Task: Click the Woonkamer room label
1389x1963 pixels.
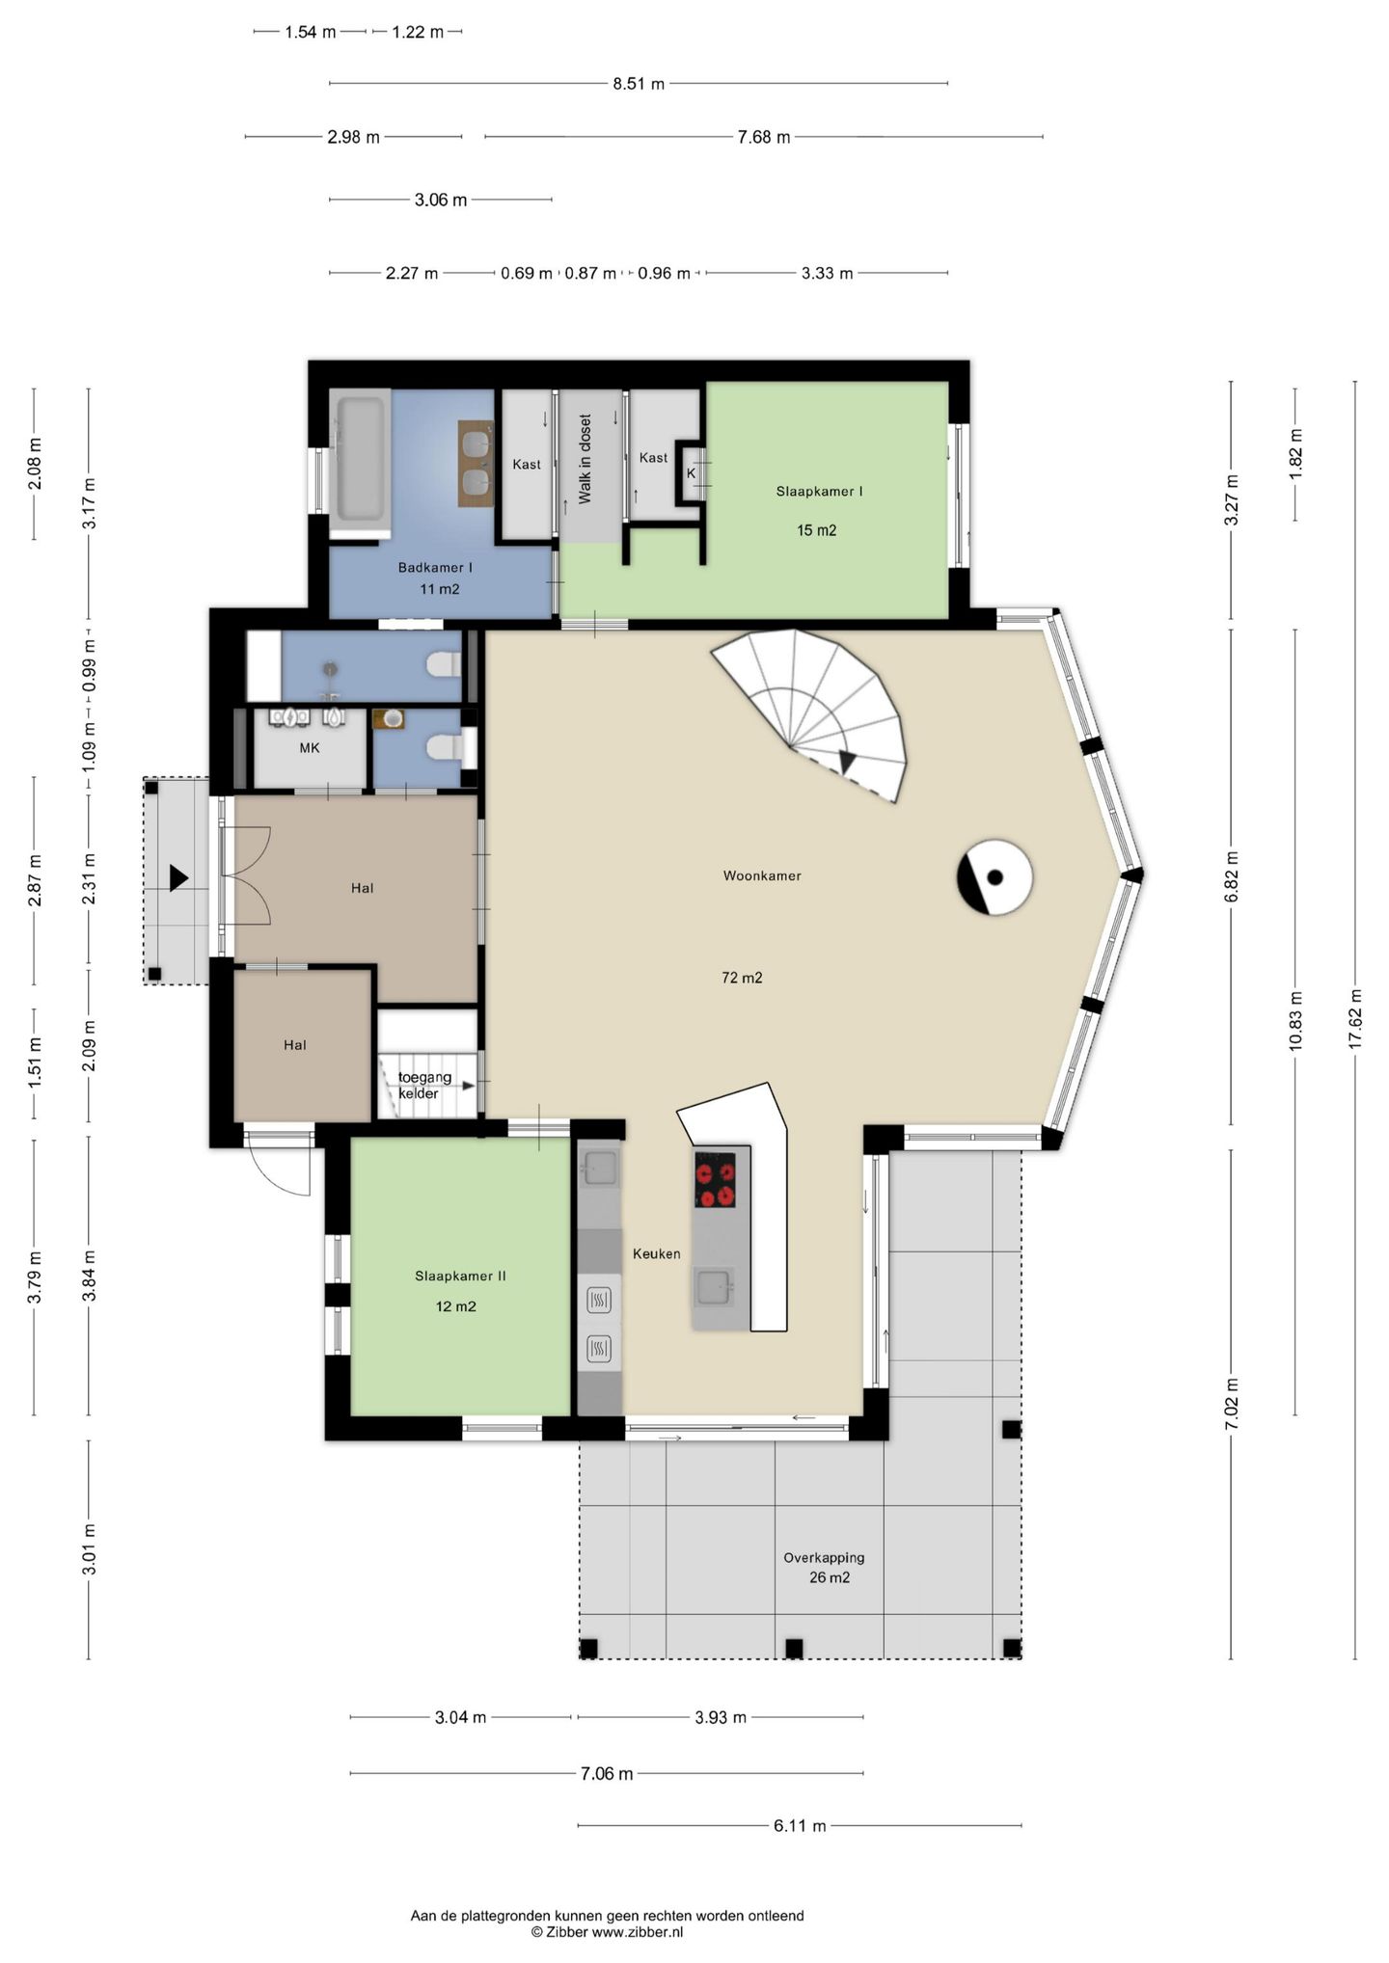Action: pyautogui.click(x=762, y=875)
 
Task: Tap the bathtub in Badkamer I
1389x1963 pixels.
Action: pyautogui.click(x=360, y=463)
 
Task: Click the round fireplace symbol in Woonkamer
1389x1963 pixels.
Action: pyautogui.click(x=994, y=877)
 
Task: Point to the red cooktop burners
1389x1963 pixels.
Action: pyautogui.click(x=715, y=1180)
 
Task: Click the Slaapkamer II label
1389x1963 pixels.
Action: pyautogui.click(x=460, y=1276)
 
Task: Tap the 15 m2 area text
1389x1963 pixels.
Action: pyautogui.click(x=816, y=530)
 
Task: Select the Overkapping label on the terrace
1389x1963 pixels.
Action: pyautogui.click(x=824, y=1557)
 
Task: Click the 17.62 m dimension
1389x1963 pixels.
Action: pyautogui.click(x=1355, y=1019)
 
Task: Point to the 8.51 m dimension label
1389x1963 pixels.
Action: pyautogui.click(x=639, y=84)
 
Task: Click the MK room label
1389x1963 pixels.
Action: pyautogui.click(x=310, y=747)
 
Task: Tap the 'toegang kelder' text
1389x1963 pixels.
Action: pyautogui.click(x=424, y=1086)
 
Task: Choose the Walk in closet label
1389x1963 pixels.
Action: pyautogui.click(x=586, y=459)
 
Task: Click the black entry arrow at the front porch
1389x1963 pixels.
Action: pyautogui.click(x=178, y=877)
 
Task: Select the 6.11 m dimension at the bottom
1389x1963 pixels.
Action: pyautogui.click(x=800, y=1825)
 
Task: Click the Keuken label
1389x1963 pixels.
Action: pyautogui.click(x=656, y=1253)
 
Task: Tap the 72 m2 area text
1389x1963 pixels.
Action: pyautogui.click(x=742, y=978)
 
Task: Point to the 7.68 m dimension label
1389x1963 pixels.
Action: pyautogui.click(x=764, y=137)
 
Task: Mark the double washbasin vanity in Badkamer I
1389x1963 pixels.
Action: pyautogui.click(x=475, y=463)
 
